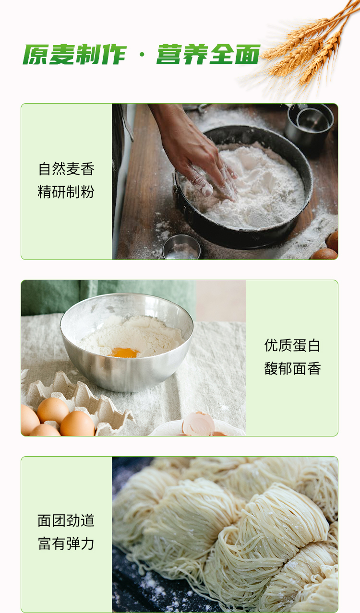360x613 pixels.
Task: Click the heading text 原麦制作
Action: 74,55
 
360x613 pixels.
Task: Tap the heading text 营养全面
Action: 208,55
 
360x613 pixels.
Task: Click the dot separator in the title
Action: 142,56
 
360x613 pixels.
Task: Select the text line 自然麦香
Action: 66,169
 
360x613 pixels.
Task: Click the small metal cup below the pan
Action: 181,248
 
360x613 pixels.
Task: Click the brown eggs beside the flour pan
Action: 328,247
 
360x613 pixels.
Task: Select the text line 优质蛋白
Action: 292,345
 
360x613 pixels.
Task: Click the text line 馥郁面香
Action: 292,369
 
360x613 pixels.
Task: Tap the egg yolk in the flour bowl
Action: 125,353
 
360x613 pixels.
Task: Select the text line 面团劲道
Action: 66,521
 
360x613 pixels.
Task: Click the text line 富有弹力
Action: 66,544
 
